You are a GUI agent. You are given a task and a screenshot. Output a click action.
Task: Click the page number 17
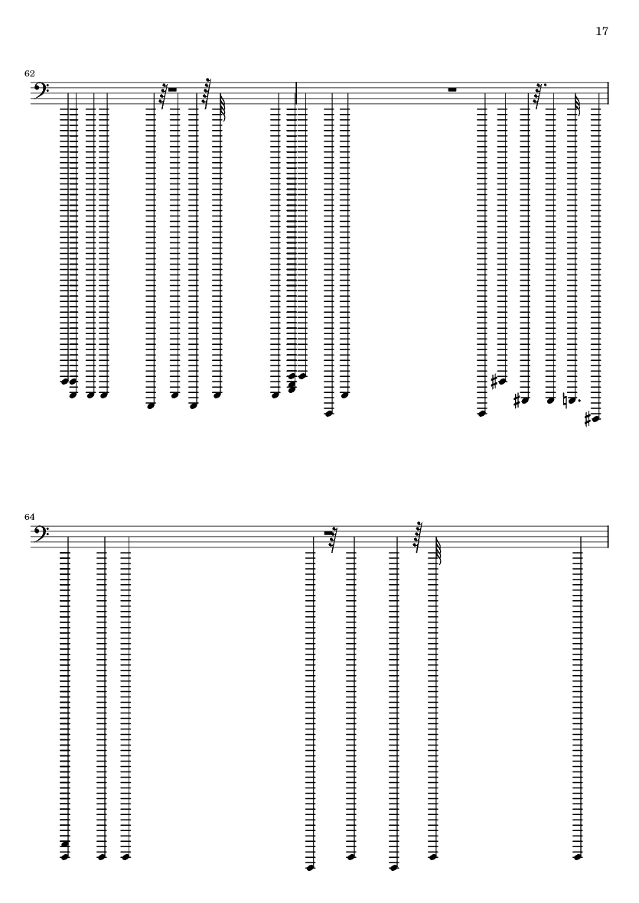602,31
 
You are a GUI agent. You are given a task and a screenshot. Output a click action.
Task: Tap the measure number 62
29,73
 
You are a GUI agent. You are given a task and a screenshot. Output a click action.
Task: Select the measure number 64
29,517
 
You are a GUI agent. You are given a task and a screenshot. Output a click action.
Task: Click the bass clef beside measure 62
42,90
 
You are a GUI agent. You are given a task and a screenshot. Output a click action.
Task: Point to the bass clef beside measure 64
42,534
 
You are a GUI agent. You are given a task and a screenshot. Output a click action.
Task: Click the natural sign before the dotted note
565,400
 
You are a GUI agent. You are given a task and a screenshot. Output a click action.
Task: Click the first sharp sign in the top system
494,382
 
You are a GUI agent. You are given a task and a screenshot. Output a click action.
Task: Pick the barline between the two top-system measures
296,93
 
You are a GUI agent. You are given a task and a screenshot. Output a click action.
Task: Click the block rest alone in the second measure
452,89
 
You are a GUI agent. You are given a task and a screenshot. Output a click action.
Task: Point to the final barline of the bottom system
608,537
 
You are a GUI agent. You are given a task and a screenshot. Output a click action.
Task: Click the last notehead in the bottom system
578,857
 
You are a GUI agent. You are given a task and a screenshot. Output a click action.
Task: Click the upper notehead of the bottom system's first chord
65,844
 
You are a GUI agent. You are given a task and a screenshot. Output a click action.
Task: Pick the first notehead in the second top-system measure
303,376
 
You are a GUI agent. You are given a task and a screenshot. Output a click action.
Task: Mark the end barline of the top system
608,93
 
